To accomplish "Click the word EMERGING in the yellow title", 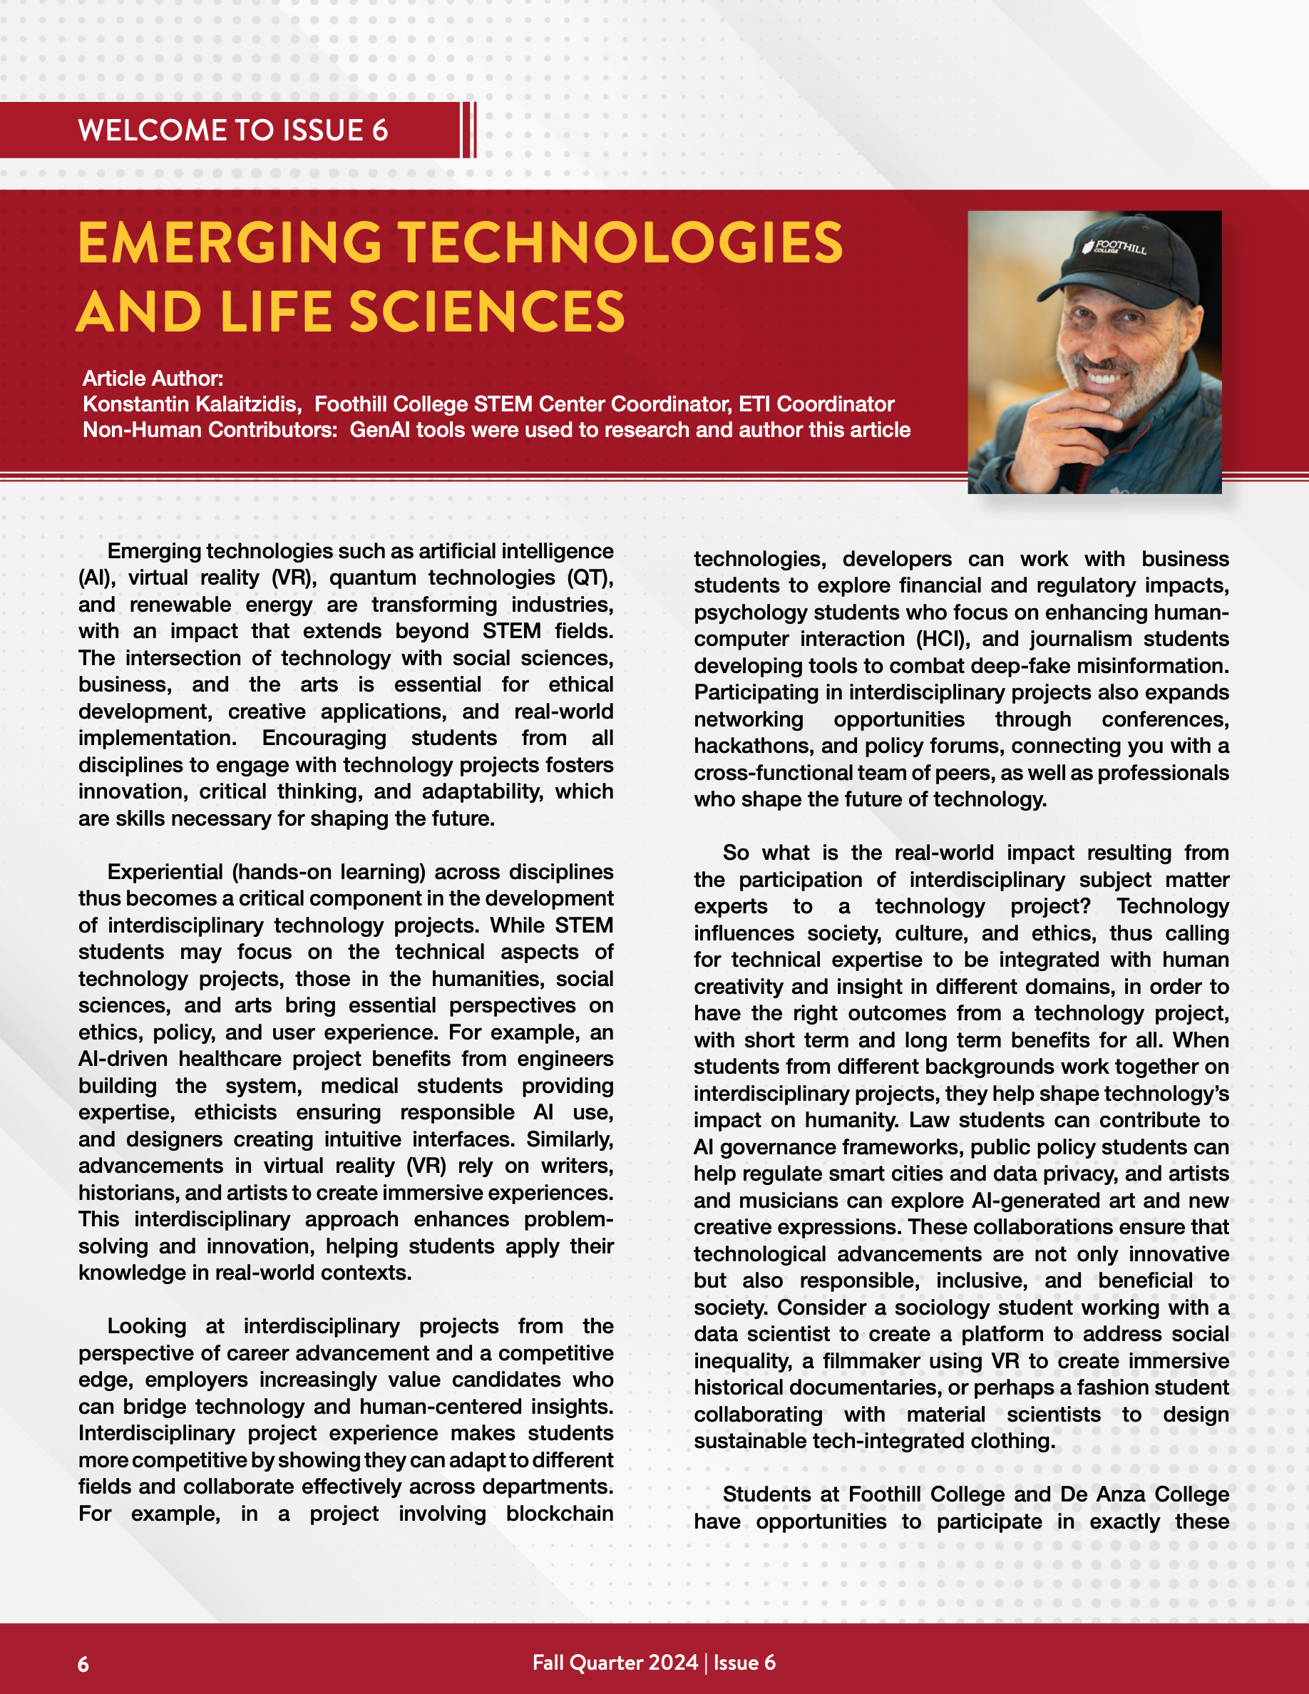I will [x=230, y=244].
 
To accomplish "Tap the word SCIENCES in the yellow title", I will [x=487, y=312].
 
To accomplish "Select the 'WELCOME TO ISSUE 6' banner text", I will [x=232, y=130].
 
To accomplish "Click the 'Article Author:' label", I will [x=153, y=379].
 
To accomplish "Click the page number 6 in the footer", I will [x=83, y=1665].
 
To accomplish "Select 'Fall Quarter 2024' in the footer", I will [x=615, y=1662].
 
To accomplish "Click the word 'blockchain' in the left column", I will [x=559, y=1514].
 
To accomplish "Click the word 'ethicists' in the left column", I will [x=235, y=1112].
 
